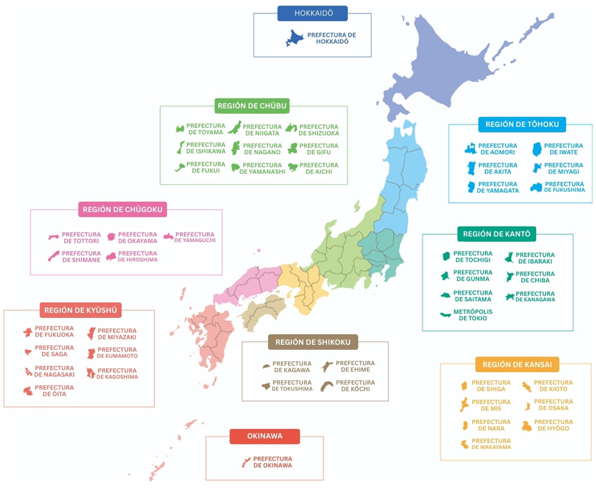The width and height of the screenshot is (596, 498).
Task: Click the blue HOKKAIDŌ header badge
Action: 312,13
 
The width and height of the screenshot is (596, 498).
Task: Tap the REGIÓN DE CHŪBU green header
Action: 252,105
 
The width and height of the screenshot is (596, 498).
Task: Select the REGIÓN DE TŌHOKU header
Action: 522,124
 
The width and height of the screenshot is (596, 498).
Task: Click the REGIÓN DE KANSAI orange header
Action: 517,365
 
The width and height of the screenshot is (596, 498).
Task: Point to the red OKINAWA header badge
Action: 265,436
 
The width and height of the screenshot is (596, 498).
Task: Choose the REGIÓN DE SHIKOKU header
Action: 313,342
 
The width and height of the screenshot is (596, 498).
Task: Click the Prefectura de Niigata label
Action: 262,130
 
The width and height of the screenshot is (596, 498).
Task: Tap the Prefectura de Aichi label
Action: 319,168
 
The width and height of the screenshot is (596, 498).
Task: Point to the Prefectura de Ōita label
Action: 54,391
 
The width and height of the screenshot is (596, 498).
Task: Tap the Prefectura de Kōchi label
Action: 355,386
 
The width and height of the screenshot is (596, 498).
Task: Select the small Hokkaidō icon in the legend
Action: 295,39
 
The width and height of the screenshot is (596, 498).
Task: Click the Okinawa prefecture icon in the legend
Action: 245,462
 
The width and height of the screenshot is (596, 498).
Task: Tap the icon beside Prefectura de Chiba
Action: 509,277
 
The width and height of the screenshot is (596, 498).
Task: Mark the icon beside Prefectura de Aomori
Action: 470,148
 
